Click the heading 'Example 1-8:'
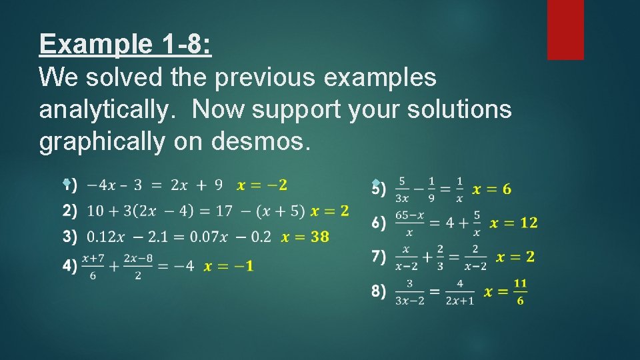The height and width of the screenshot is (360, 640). pos(125,44)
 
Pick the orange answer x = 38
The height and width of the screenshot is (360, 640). pos(305,237)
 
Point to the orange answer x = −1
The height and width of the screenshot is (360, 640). pos(228,266)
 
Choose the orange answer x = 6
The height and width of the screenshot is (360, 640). pos(492,190)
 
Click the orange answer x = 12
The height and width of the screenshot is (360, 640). pos(513,223)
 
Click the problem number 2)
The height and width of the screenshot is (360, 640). pos(70,211)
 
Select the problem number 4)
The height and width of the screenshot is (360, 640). pos(70,266)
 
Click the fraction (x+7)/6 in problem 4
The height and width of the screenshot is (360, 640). pos(93,266)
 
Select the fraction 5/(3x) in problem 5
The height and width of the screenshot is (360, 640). pos(401,189)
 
